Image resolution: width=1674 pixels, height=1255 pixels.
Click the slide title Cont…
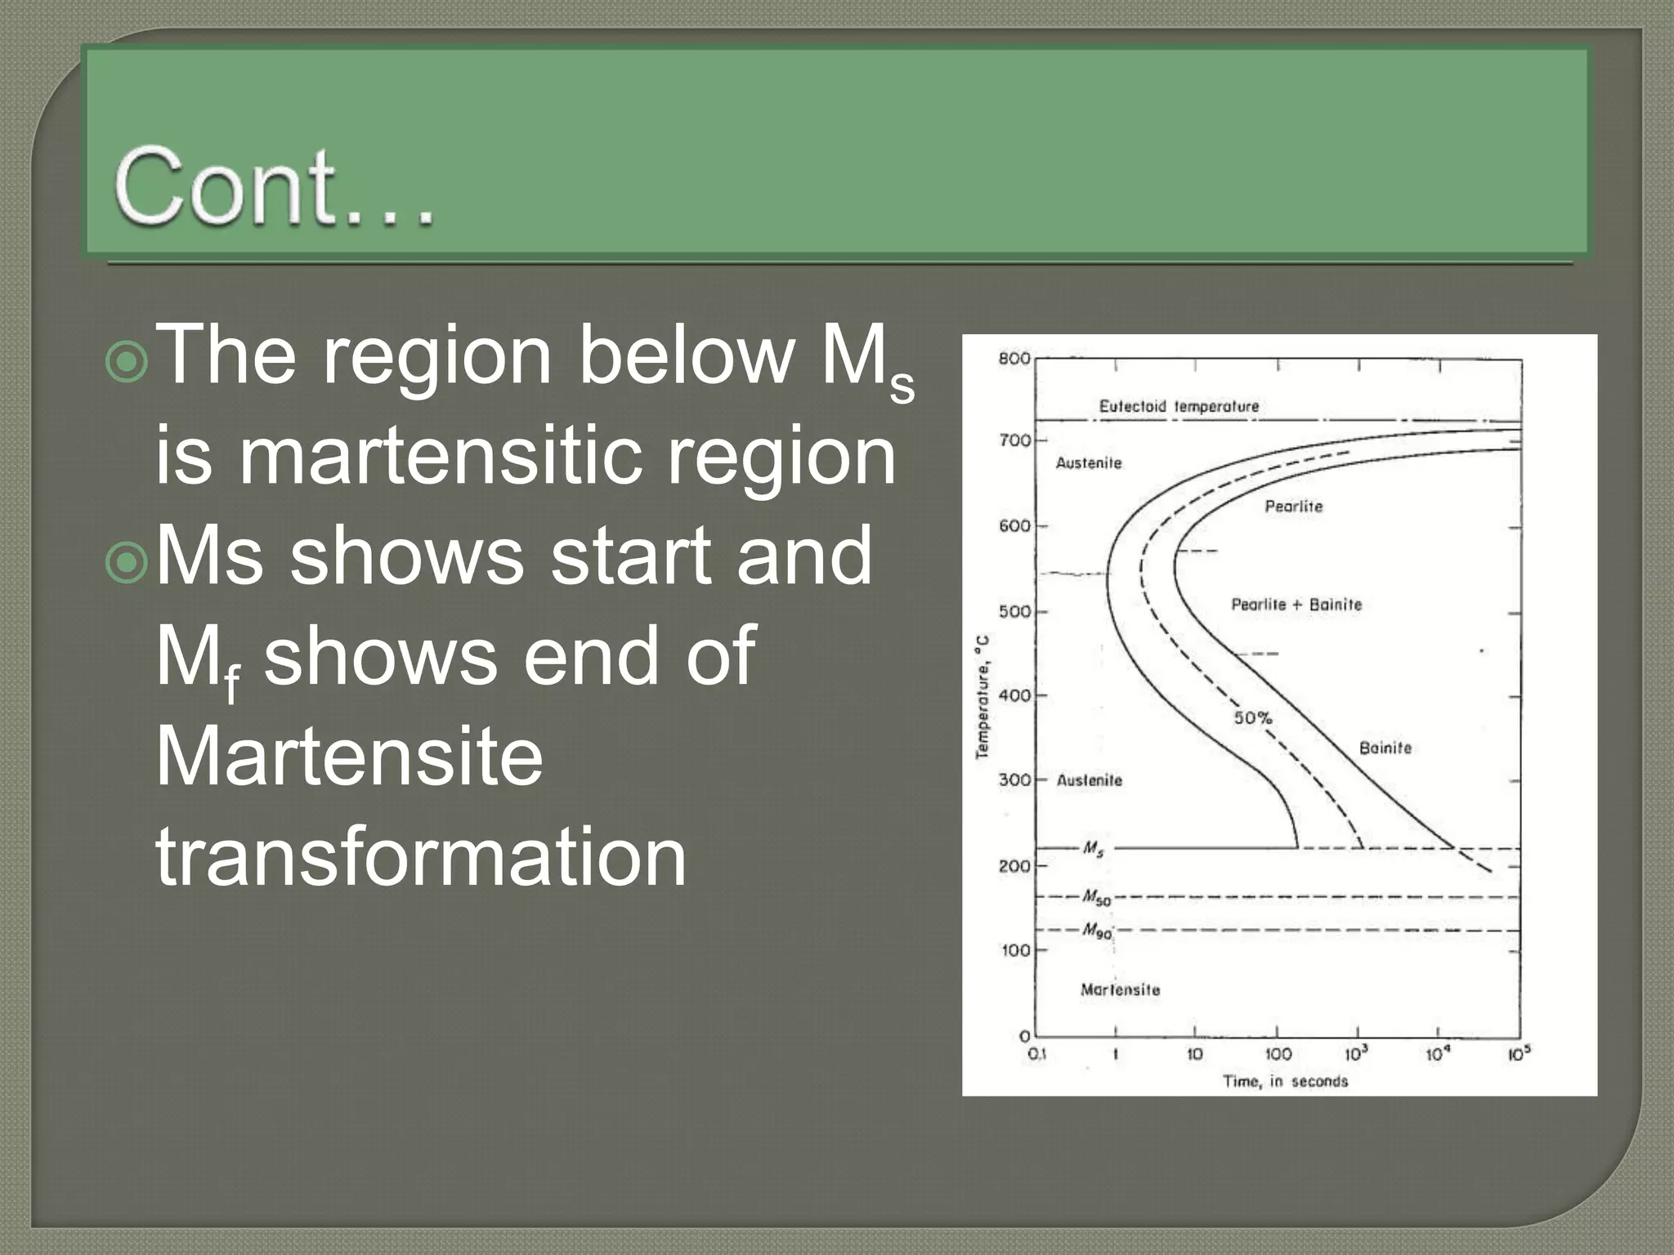pyautogui.click(x=274, y=187)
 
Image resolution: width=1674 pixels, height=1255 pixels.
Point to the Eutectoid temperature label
pyautogui.click(x=1178, y=406)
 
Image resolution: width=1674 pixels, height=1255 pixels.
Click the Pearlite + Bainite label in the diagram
pyautogui.click(x=1296, y=605)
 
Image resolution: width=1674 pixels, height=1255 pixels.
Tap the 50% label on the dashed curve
pyautogui.click(x=1252, y=717)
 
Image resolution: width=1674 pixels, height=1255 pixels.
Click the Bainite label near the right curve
pyautogui.click(x=1385, y=748)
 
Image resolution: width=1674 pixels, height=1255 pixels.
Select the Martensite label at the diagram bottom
pyautogui.click(x=1120, y=990)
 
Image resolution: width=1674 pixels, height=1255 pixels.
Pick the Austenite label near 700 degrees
pyautogui.click(x=1089, y=463)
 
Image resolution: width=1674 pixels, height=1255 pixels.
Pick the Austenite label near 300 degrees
pyautogui.click(x=1090, y=780)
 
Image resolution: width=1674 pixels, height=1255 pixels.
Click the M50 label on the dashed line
pyautogui.click(x=1096, y=898)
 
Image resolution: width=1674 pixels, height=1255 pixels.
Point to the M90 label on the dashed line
pyautogui.click(x=1097, y=931)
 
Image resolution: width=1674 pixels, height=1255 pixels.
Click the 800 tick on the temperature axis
pyautogui.click(x=1014, y=359)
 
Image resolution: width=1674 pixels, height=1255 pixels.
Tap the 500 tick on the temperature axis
pyautogui.click(x=1014, y=612)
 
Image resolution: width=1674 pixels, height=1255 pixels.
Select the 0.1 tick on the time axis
pyautogui.click(x=1036, y=1055)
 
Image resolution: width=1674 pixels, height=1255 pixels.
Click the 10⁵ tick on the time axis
pyautogui.click(x=1519, y=1054)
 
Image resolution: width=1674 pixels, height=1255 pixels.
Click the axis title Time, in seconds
pyautogui.click(x=1285, y=1082)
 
